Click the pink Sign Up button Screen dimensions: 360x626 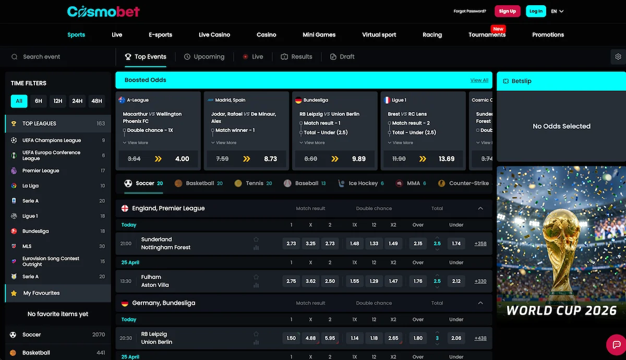point(507,11)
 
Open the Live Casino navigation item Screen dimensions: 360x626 point(214,34)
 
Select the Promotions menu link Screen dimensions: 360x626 point(548,34)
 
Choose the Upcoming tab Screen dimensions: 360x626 point(204,56)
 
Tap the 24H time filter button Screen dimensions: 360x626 point(77,101)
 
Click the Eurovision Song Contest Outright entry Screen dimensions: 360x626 point(51,261)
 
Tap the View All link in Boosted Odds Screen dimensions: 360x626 point(479,80)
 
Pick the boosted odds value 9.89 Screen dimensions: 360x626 point(359,159)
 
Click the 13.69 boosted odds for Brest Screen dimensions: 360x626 point(447,159)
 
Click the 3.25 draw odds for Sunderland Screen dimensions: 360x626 point(310,244)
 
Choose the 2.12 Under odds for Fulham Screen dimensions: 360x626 point(456,281)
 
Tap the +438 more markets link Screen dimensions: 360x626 point(480,338)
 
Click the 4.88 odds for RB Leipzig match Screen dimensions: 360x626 point(310,338)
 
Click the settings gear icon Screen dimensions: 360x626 point(618,56)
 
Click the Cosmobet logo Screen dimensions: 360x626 point(103,11)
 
